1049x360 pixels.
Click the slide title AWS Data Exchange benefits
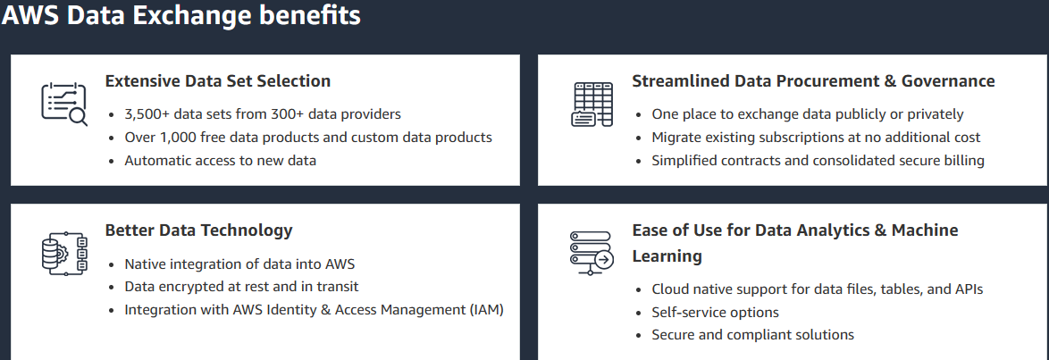pos(181,16)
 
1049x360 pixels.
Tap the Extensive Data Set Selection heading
pos(217,81)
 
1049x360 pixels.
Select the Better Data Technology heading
pos(198,230)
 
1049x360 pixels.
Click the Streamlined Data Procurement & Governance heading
pos(812,81)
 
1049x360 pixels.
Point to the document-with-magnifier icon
pos(63,104)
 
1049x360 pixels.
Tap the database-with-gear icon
pos(63,253)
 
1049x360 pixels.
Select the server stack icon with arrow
pos(591,253)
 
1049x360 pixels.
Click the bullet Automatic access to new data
pos(220,161)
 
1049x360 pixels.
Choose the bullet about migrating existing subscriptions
pos(816,138)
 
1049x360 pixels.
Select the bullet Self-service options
pos(715,313)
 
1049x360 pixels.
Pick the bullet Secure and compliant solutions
pos(752,335)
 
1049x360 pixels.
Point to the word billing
pos(960,161)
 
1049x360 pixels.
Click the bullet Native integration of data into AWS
pos(239,264)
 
